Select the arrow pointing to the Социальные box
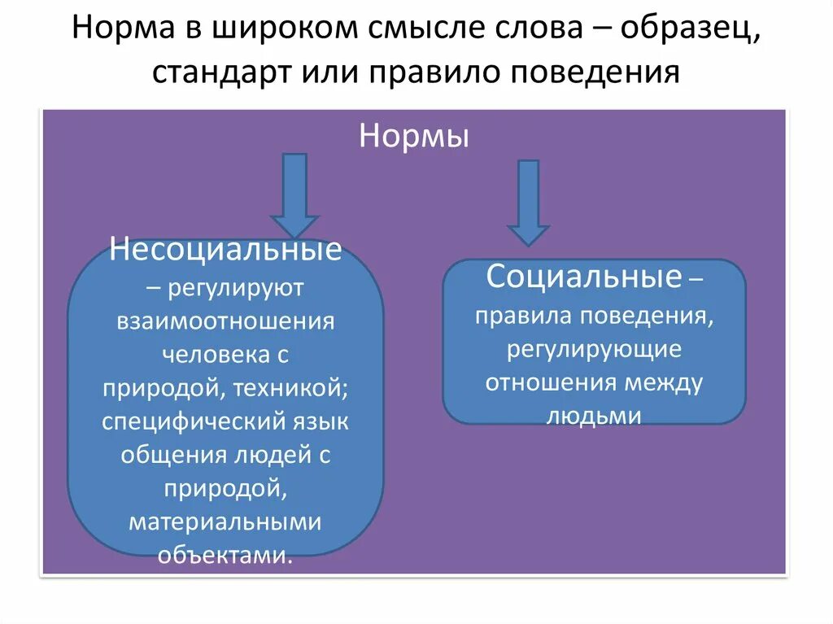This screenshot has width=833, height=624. click(x=529, y=202)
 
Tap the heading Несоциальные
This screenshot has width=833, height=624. click(x=226, y=250)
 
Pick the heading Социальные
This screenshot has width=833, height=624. click(x=583, y=277)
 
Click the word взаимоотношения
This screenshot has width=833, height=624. click(x=225, y=320)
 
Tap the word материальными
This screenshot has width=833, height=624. click(x=225, y=522)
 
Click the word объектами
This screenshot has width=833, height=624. click(x=225, y=556)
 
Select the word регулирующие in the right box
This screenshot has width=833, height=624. click(x=594, y=349)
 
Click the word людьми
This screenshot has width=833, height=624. click(x=594, y=416)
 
